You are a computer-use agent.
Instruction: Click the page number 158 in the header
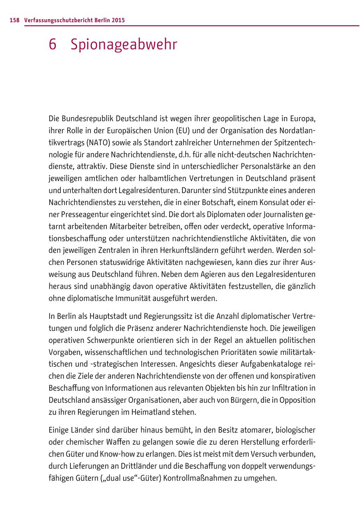click(15, 20)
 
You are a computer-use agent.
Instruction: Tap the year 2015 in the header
click(118, 20)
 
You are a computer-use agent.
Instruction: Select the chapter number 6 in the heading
click(53, 45)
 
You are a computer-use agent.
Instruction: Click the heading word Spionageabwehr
click(124, 45)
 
